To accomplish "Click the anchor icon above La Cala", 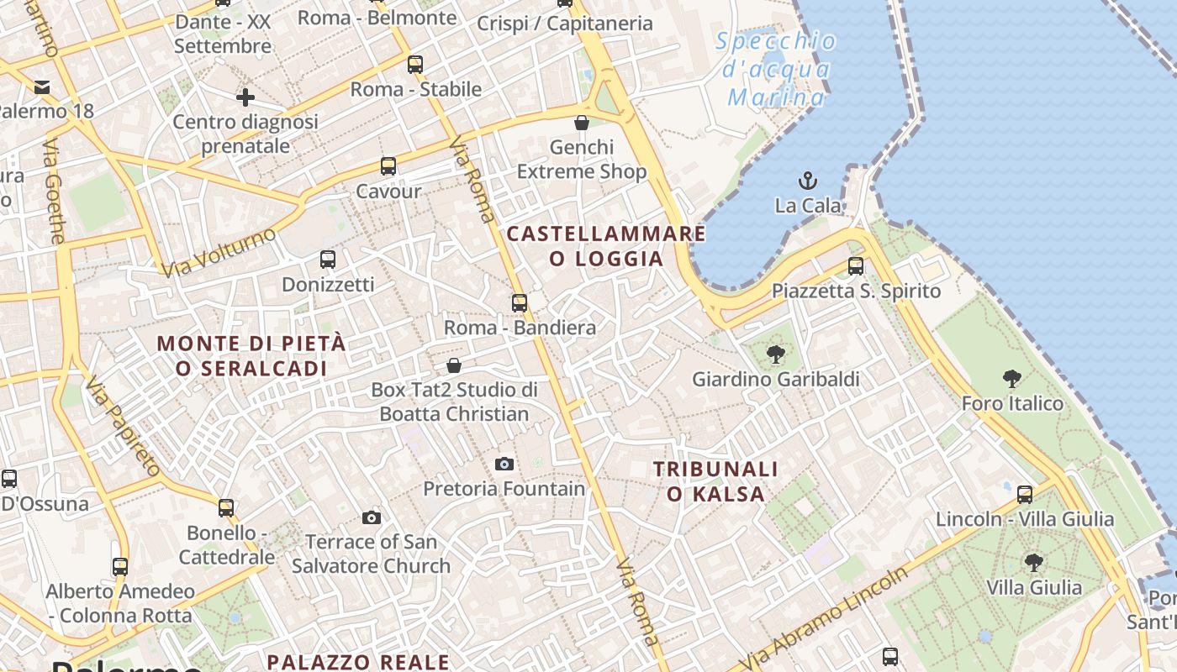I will tap(807, 180).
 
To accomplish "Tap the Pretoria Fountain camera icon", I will tap(504, 464).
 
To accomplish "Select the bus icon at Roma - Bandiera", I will tap(520, 302).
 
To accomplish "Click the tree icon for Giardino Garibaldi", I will tap(776, 354).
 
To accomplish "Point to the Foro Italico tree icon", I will tap(1012, 379).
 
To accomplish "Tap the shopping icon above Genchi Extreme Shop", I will tap(581, 123).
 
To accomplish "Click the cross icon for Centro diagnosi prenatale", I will tap(245, 97).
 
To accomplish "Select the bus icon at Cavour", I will tap(388, 166).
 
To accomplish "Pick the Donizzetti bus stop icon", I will tap(328, 260).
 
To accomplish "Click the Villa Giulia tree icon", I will tap(1033, 562).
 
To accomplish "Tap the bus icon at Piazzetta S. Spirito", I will tap(856, 266).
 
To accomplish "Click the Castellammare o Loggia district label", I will tap(606, 246).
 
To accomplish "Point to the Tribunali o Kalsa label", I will tap(716, 481).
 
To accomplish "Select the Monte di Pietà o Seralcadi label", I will tap(251, 355).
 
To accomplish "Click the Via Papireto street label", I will tap(123, 427).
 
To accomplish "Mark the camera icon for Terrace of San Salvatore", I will tap(372, 517).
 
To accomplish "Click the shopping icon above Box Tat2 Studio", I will tap(454, 365).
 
